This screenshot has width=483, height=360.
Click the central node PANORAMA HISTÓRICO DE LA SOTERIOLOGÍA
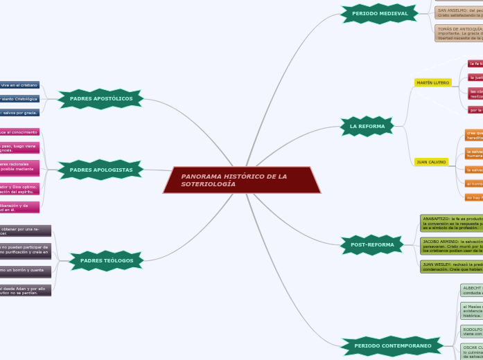[242, 180]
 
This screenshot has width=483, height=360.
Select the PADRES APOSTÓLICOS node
[101, 99]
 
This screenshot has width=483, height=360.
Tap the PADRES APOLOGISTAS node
[101, 170]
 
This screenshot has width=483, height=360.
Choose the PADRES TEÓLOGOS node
[106, 260]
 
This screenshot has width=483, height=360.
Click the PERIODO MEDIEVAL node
[380, 13]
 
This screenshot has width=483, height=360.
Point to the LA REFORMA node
[367, 127]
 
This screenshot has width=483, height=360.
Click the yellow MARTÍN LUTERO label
[433, 82]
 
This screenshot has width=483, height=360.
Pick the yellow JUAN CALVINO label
[431, 162]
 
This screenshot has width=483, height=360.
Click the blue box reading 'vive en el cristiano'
[19, 85]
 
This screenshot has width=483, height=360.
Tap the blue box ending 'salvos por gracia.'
[19, 112]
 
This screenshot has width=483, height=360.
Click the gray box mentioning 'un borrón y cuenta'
[26, 270]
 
